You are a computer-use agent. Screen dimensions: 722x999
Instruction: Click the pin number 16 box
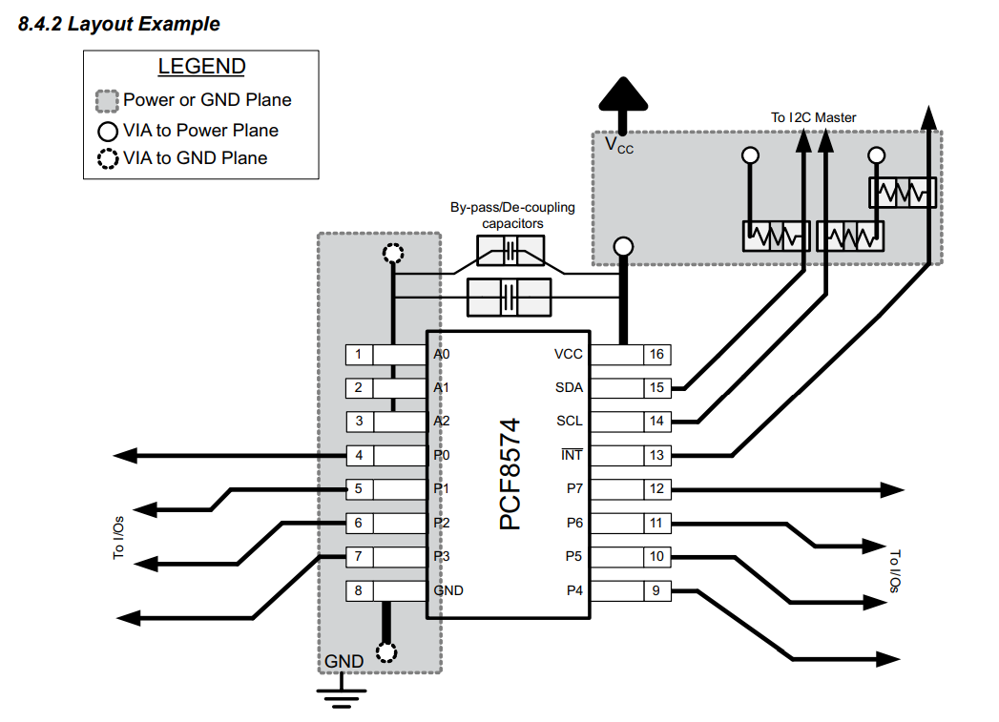(656, 355)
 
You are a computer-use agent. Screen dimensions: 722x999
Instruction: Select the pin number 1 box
(359, 355)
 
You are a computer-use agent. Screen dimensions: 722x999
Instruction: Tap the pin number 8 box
(359, 590)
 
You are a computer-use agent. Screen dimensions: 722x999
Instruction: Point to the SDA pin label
(569, 388)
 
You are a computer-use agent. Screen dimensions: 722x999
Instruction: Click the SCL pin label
(569, 422)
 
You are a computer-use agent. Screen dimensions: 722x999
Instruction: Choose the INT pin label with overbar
(571, 455)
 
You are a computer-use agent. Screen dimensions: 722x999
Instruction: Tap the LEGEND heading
(201, 67)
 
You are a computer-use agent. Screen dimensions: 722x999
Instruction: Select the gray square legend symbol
(108, 100)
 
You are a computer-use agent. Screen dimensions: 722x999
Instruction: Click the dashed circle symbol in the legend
(108, 159)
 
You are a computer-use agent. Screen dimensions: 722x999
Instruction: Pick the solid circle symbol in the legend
(108, 131)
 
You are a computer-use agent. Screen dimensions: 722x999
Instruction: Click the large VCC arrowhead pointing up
(622, 95)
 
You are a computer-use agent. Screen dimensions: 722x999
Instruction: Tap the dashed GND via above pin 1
(391, 254)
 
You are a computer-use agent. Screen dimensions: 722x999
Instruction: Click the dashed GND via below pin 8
(386, 652)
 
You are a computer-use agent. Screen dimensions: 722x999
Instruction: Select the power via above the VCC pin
(623, 247)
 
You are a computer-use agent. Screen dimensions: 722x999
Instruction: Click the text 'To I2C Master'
(813, 117)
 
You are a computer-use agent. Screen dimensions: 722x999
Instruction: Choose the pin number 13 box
(656, 455)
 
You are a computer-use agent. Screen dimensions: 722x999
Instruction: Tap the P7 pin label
(574, 489)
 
